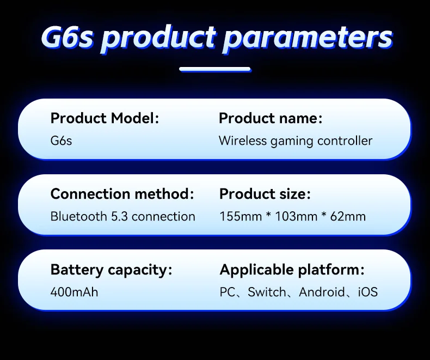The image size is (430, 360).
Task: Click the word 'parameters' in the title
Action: tap(308, 38)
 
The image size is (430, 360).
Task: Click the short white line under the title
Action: tap(215, 69)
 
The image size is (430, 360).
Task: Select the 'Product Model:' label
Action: tap(105, 118)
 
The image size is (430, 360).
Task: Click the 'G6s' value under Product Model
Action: tap(61, 141)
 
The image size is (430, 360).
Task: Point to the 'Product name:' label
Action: tap(271, 118)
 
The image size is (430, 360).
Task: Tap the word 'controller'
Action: tap(345, 141)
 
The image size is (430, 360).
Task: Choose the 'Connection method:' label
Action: tap(122, 194)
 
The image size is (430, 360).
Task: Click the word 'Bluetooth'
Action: tap(79, 216)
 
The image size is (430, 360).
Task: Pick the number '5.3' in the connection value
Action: tap(119, 216)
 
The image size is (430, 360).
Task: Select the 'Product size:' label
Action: tap(265, 194)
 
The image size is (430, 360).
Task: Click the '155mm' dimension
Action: tap(241, 216)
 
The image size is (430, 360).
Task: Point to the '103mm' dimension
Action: tap(296, 216)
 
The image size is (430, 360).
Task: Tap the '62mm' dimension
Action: tap(348, 216)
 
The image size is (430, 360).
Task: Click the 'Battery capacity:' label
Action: tap(112, 270)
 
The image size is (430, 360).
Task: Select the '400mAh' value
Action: tap(75, 292)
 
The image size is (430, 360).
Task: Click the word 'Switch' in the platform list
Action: tap(267, 292)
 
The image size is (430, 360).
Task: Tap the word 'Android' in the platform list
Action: tap(322, 292)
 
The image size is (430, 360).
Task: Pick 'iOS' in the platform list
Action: tap(368, 292)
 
